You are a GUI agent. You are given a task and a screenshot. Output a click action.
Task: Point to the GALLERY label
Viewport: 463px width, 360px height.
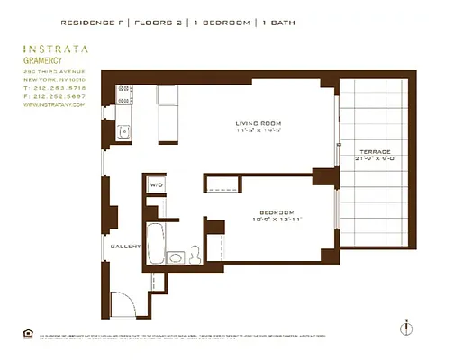124,245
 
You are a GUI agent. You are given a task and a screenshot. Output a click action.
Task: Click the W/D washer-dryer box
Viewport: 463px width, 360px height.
156,186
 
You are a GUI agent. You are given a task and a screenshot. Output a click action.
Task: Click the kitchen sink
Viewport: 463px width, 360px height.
124,132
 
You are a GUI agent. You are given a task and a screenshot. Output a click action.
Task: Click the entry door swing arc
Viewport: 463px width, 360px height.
122,304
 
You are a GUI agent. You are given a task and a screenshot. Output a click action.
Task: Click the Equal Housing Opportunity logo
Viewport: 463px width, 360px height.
25,335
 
